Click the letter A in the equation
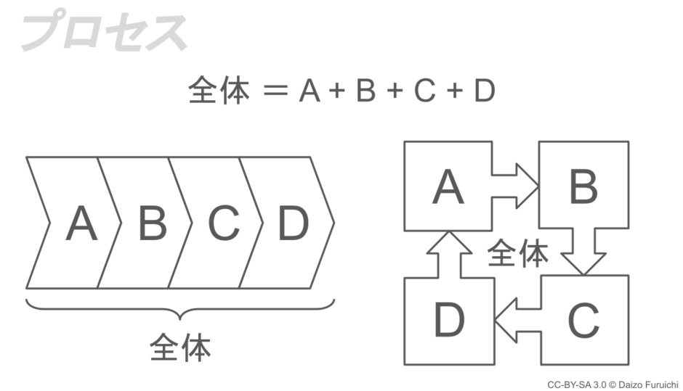pyautogui.click(x=310, y=92)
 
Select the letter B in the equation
pyautogui.click(x=365, y=92)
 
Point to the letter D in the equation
pyautogui.click(x=484, y=92)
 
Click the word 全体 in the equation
pyautogui.click(x=219, y=92)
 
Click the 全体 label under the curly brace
pyautogui.click(x=180, y=347)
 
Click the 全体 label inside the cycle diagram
pyautogui.click(x=517, y=253)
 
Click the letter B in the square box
pyautogui.click(x=583, y=186)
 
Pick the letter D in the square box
pyautogui.click(x=448, y=320)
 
